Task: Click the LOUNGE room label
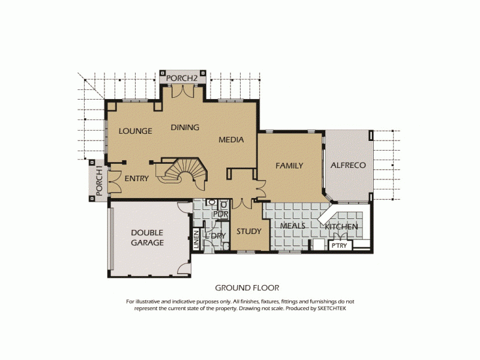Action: (x=135, y=131)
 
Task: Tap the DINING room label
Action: (x=185, y=127)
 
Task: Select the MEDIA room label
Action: (x=231, y=140)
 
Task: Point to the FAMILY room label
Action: (x=289, y=166)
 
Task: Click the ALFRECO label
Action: (x=348, y=165)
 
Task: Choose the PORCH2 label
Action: (x=182, y=78)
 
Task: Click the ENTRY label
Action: (x=136, y=178)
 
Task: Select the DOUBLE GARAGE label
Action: (x=148, y=238)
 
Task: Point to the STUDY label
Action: (x=248, y=231)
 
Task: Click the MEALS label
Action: (x=293, y=226)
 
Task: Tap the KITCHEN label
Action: (x=341, y=227)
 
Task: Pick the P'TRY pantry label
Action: (x=339, y=245)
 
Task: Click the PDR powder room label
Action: (x=221, y=214)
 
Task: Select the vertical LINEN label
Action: (x=196, y=239)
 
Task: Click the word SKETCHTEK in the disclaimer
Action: (x=331, y=308)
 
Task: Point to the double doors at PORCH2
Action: (x=182, y=91)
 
